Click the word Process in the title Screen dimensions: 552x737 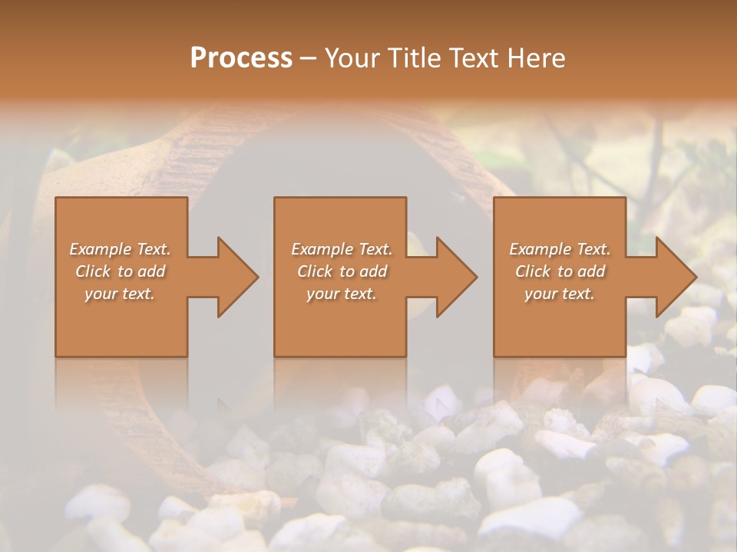[x=241, y=58]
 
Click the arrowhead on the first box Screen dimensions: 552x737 [x=234, y=277]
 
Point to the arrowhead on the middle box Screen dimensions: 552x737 [x=453, y=277]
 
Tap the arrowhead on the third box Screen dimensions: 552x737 [x=673, y=277]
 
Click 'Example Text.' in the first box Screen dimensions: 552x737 [x=121, y=249]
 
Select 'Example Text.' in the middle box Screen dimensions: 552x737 [x=342, y=249]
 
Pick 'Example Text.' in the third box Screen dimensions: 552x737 [x=560, y=249]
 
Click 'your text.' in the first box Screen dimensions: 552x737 [x=120, y=294]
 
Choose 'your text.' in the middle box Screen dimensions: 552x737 [x=342, y=294]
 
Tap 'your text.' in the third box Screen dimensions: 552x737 [x=560, y=294]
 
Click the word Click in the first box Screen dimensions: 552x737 [x=93, y=271]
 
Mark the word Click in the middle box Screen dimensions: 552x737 [x=315, y=271]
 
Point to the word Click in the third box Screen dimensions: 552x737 [x=533, y=271]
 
